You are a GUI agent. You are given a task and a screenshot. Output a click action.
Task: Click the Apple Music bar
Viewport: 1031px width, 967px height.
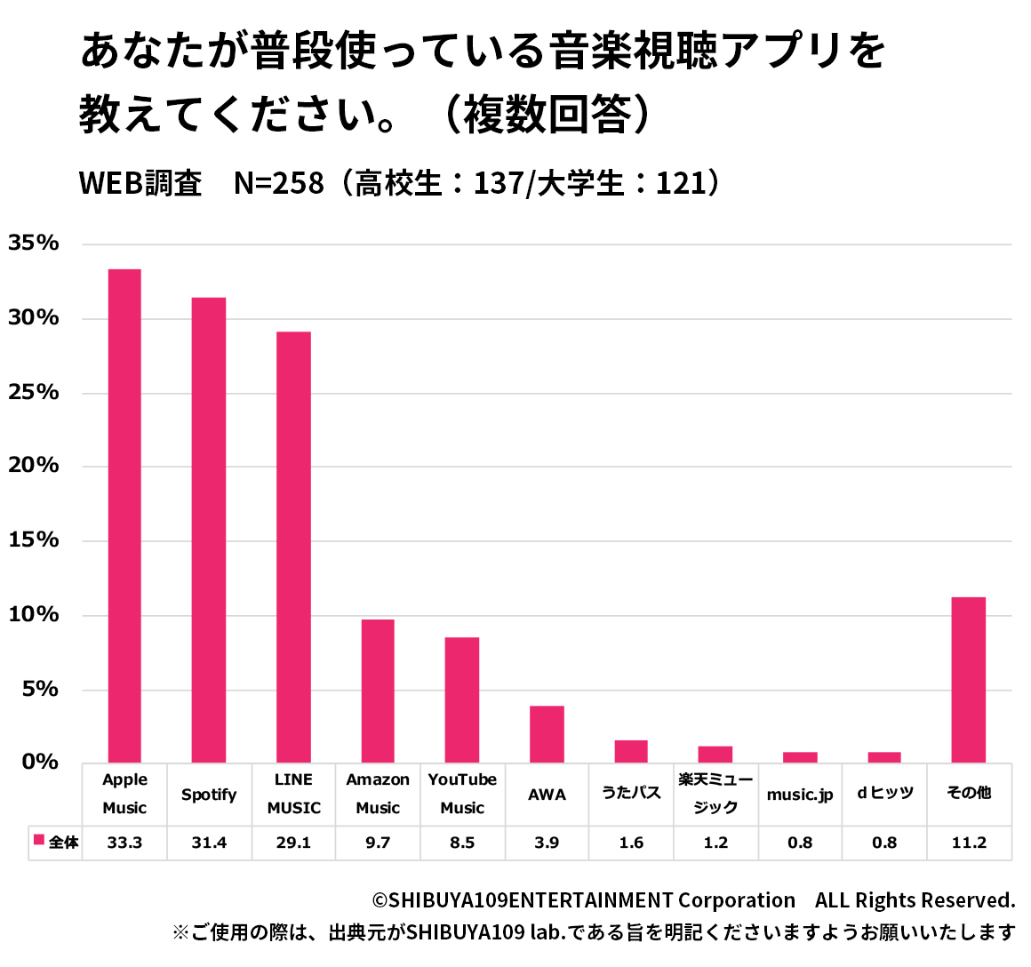tap(124, 515)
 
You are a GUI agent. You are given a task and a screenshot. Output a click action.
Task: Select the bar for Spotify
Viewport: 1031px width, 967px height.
tap(209, 530)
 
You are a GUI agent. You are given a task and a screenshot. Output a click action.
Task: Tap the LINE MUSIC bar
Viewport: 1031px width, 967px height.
tap(293, 547)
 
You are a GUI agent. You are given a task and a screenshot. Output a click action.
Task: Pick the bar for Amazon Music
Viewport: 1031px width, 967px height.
tap(378, 691)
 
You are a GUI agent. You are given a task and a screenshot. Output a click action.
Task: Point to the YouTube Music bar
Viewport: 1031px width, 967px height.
tap(462, 699)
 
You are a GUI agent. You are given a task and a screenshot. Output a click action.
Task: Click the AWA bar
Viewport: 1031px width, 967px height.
tap(547, 734)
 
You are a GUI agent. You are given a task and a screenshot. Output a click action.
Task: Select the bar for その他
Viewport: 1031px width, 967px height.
tap(969, 680)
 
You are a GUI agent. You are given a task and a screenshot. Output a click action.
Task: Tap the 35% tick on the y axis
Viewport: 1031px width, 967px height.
tap(34, 244)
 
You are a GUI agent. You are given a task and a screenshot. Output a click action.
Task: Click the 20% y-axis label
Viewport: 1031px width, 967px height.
tap(34, 466)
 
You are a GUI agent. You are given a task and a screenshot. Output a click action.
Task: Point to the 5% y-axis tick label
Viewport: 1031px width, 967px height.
tap(40, 690)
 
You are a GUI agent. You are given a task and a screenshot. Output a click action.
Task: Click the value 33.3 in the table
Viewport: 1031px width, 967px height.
tap(124, 843)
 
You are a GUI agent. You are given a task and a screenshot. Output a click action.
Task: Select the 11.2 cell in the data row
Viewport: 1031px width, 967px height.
tap(969, 843)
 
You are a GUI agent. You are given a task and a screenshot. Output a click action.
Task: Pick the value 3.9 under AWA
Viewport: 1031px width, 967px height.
tap(547, 843)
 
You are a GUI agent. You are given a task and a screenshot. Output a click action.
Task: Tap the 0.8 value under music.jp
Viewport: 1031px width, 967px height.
tap(800, 843)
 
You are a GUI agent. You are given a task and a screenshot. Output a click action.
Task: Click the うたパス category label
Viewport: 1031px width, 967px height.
tap(631, 793)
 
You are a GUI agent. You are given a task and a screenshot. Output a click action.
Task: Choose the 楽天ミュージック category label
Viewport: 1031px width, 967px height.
tap(715, 793)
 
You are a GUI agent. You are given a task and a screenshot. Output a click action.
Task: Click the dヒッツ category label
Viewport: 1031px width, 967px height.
tap(884, 793)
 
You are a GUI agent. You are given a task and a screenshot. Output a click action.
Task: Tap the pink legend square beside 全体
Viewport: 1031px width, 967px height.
tap(39, 840)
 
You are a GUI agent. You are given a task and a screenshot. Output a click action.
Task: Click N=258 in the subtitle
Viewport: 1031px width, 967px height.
tap(278, 183)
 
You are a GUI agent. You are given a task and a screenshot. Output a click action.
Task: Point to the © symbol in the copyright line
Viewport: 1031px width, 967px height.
tap(380, 901)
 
